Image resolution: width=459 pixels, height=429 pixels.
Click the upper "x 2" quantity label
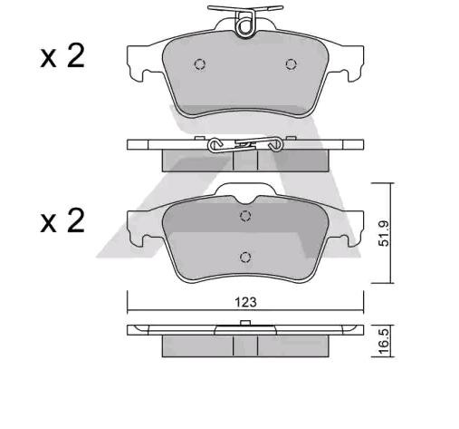[62, 57]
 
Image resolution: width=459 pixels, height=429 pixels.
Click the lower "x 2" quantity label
[62, 220]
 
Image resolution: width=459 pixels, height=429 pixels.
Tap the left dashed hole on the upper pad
[200, 64]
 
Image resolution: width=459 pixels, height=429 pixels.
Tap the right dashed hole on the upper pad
[291, 63]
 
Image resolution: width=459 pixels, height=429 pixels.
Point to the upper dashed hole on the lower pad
[244, 216]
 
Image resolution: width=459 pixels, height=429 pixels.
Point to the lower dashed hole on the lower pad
[244, 257]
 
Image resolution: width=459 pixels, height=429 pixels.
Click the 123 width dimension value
[244, 302]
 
